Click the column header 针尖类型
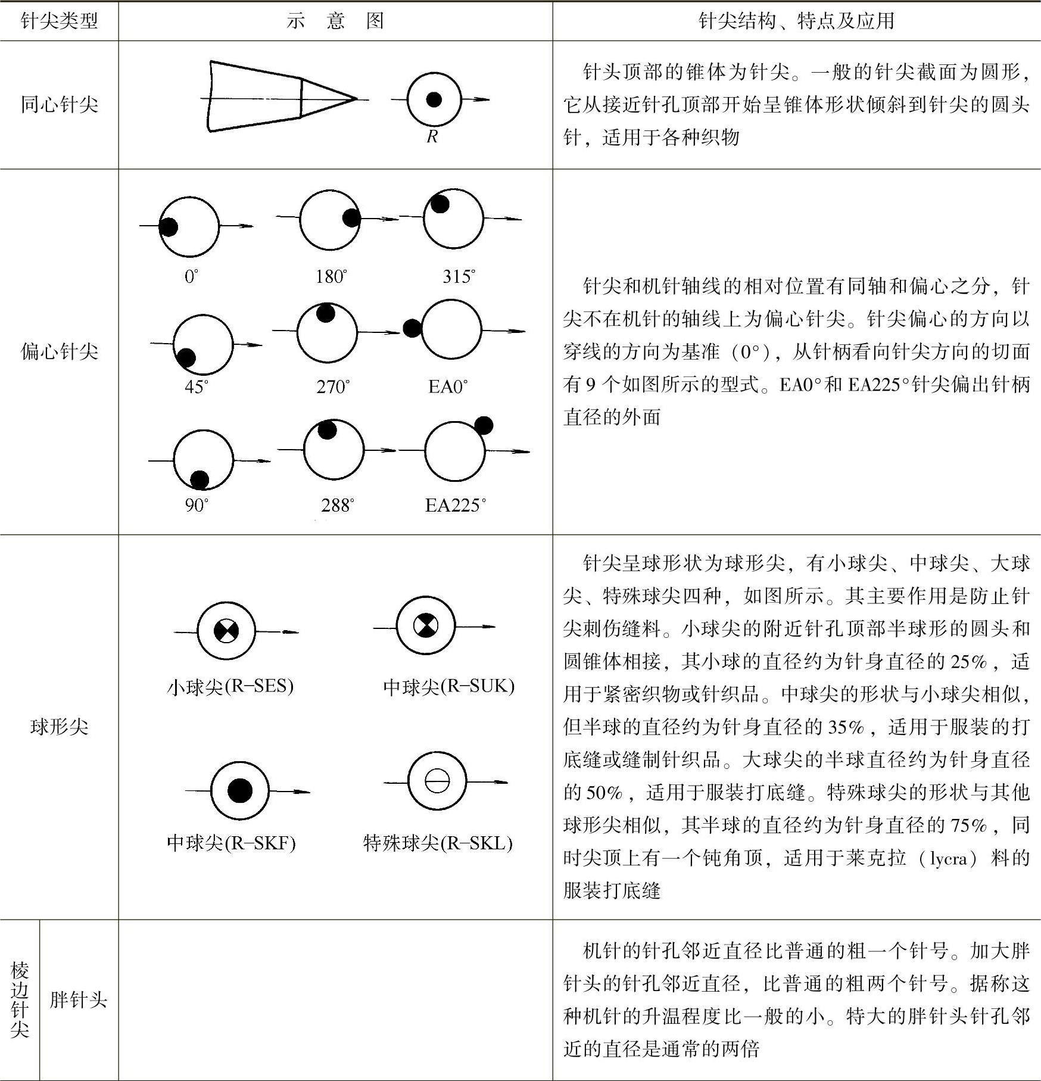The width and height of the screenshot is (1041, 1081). (59, 21)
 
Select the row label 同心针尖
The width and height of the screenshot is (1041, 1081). (59, 105)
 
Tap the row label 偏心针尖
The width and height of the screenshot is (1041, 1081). (59, 351)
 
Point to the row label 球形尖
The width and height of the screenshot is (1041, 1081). (59, 727)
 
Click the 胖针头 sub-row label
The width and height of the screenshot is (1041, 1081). (78, 999)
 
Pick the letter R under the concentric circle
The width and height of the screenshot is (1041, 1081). (432, 137)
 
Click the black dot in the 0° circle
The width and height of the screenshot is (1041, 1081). (169, 226)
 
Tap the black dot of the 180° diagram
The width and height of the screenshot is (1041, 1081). (352, 218)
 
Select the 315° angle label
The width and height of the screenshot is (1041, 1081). (459, 276)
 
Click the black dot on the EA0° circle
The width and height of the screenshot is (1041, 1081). (412, 328)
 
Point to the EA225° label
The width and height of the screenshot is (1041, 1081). (455, 506)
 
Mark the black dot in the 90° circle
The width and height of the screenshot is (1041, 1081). (199, 479)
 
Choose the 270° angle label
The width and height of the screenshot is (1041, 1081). (333, 387)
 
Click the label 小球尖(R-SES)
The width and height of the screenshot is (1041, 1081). (230, 687)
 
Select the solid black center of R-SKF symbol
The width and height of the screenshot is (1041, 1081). (240, 790)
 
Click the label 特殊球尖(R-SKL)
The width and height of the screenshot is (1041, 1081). (438, 843)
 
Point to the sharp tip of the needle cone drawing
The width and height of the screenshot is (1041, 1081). (356, 98)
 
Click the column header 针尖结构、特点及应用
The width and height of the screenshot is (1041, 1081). (796, 21)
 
